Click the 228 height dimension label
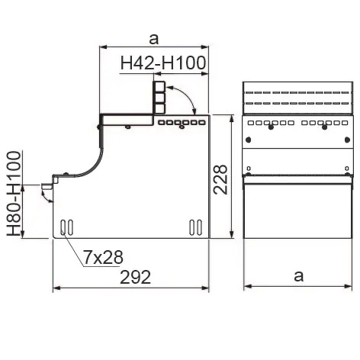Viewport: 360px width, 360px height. (220, 179)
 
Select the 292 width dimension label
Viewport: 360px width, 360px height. (135, 277)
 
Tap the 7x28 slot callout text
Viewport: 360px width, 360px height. (103, 257)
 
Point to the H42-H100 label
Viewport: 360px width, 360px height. (163, 63)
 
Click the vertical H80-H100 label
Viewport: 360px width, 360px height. (14, 194)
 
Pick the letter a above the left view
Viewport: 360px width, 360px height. (154, 39)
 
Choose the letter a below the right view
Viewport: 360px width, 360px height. (299, 276)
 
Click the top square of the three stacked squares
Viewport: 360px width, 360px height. (159, 86)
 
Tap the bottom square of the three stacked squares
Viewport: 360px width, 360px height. (159, 108)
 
